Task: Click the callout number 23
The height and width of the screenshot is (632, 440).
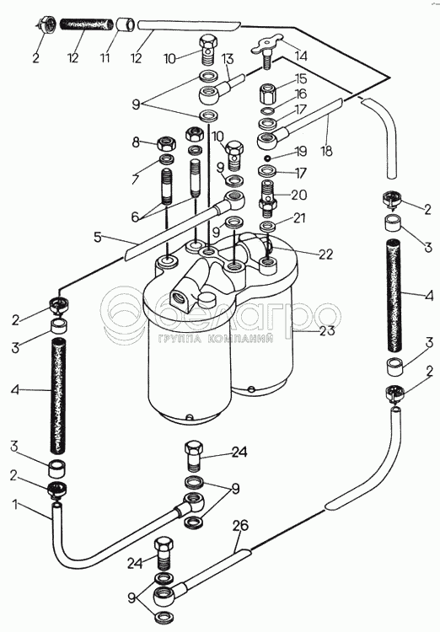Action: coord(327,330)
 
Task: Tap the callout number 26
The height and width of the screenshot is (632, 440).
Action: coord(241,525)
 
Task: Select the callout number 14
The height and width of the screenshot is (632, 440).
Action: coord(300,56)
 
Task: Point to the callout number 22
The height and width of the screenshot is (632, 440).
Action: coord(325,254)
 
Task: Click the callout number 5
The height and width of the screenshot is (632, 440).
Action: coord(98,238)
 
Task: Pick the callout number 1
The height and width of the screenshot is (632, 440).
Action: coord(15,504)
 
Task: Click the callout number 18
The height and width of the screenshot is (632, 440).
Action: coord(327,151)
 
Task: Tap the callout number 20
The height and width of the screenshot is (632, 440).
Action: coord(299,195)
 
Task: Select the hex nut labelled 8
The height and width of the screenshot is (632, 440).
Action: coord(165,142)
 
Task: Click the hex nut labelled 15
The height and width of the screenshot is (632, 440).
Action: coord(268,93)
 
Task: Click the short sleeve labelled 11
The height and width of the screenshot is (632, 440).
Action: coord(126,24)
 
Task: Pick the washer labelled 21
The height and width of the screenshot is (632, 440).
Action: coord(267,225)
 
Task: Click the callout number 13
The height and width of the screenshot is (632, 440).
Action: coord(228,59)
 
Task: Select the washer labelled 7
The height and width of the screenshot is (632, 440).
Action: coord(167,159)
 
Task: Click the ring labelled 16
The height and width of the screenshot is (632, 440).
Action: coord(268,110)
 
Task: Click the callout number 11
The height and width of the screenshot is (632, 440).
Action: coord(105,57)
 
